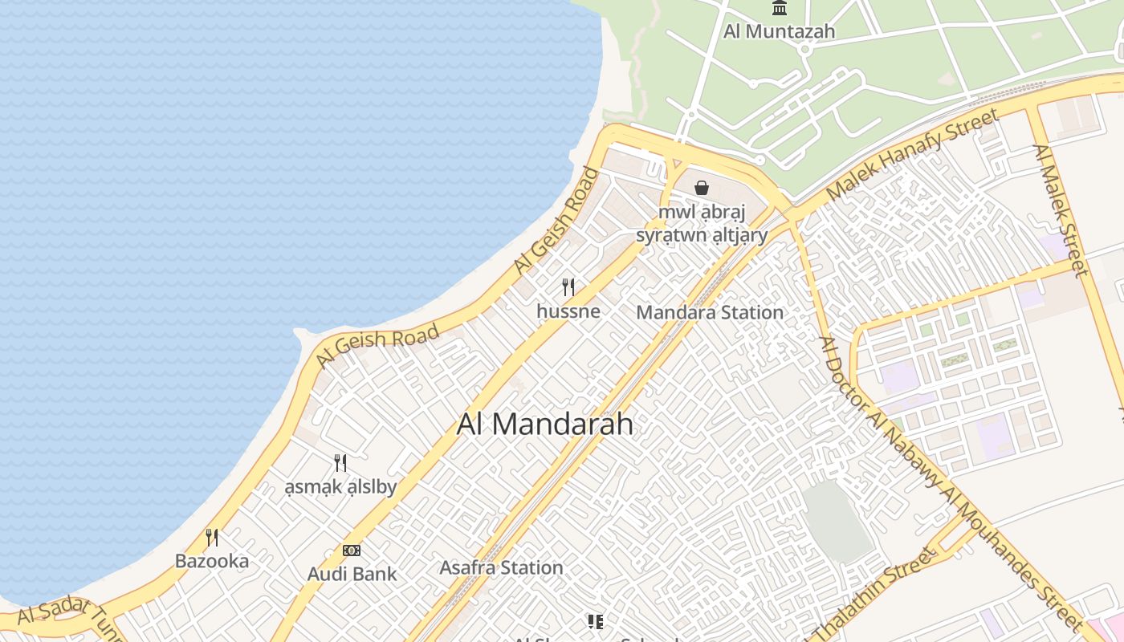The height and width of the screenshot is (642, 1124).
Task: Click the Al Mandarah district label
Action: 545,424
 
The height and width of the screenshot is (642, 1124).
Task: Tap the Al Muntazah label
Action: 779,31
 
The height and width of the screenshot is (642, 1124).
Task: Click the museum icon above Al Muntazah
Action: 779,9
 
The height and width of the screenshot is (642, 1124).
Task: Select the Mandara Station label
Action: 710,312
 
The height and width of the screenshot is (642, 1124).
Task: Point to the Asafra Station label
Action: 501,567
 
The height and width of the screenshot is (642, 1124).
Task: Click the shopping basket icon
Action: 702,188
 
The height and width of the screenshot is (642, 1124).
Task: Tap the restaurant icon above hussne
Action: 568,286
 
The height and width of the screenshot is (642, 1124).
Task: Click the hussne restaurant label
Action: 568,311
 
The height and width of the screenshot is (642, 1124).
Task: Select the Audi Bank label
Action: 352,574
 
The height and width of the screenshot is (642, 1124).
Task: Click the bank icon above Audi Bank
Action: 352,551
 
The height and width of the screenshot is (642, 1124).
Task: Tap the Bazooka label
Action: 212,561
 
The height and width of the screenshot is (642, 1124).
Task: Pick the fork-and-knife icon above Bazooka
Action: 212,537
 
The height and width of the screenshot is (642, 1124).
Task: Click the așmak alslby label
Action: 340,486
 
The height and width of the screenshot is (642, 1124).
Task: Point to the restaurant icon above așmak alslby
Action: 340,462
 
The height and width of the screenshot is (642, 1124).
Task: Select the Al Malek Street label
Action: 1060,210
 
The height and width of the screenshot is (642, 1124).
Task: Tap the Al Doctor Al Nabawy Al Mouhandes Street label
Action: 951,481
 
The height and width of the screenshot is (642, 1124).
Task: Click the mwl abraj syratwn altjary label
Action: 702,224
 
